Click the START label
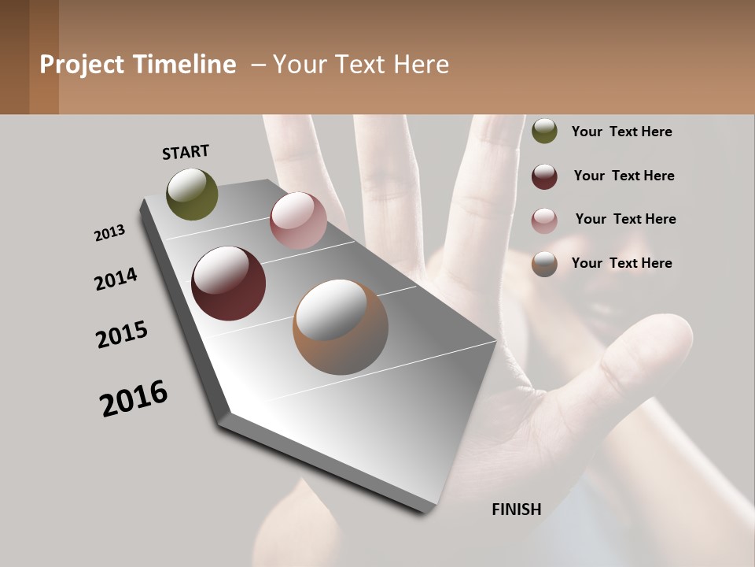tap(186, 151)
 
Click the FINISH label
tap(517, 510)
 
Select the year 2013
tap(110, 232)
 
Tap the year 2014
tap(116, 279)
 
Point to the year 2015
tap(122, 335)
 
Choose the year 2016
tap(134, 398)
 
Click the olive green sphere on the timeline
tap(193, 194)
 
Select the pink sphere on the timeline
tap(298, 220)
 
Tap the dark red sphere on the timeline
tap(229, 283)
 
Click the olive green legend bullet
tap(544, 131)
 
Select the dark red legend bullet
tap(544, 176)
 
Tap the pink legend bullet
tap(544, 220)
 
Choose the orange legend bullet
tap(544, 264)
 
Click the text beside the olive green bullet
tap(622, 132)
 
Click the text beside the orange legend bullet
tap(622, 263)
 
